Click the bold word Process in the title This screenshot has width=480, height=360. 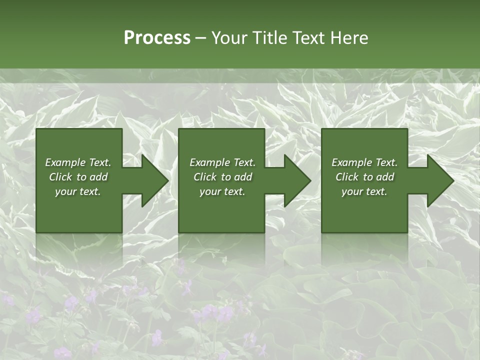(x=157, y=38)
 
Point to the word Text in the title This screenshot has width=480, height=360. (x=310, y=38)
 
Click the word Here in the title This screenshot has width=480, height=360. (x=350, y=38)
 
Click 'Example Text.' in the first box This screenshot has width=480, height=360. (x=78, y=162)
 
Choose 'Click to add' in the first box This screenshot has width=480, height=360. (x=78, y=177)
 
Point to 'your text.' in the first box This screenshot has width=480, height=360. (x=78, y=191)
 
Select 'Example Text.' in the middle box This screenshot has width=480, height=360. (x=222, y=162)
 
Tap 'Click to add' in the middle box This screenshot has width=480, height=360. (x=222, y=177)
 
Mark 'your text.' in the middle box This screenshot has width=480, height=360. (x=222, y=191)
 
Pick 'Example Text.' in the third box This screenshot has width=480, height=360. (x=364, y=162)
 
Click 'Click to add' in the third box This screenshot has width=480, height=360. (x=364, y=177)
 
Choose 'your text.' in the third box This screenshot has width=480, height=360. (x=364, y=191)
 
